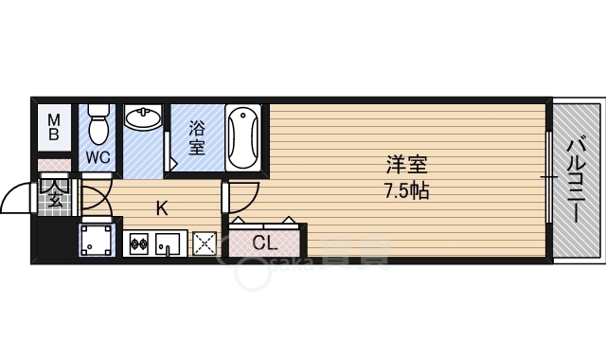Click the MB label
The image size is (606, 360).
coord(55,126)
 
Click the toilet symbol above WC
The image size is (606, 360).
coord(98,122)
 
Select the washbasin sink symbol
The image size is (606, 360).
coord(144,120)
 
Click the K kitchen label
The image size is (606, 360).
coord(162,209)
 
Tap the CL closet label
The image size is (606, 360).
coord(264,243)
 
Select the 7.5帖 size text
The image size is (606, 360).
coord(406,189)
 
